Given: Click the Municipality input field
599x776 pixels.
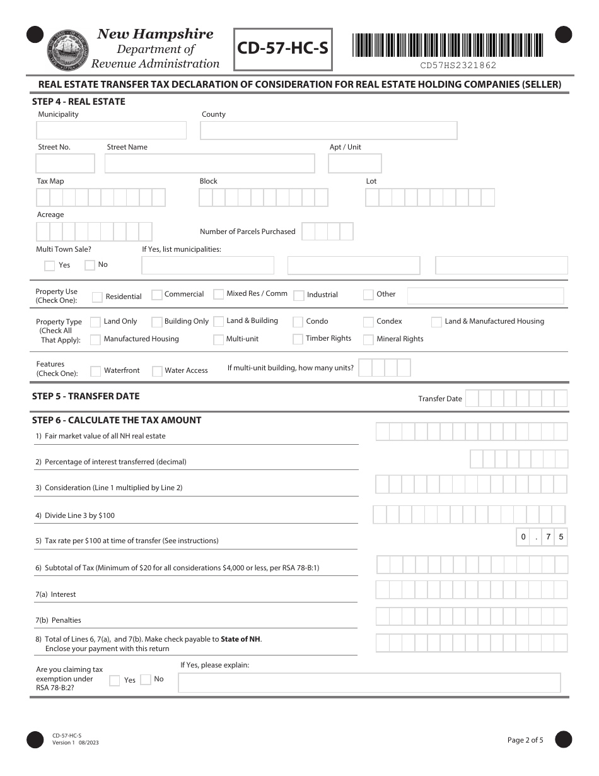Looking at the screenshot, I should click(x=112, y=131).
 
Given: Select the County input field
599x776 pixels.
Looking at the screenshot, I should click(x=329, y=131).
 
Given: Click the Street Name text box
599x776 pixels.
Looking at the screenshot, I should click(x=209, y=163).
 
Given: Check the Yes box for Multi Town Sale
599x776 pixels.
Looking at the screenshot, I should click(x=49, y=266).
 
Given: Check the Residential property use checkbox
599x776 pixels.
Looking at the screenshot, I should click(x=97, y=297).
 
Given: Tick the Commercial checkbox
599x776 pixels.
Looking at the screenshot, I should click(x=157, y=295).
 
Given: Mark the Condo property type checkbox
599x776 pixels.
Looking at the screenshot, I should click(x=298, y=322).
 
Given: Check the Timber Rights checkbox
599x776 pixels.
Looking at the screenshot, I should click(x=298, y=339).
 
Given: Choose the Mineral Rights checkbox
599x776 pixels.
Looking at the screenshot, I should click(x=368, y=339).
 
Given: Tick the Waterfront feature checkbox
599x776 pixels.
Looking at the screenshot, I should click(x=95, y=371).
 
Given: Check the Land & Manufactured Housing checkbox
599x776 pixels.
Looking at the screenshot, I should click(x=436, y=322).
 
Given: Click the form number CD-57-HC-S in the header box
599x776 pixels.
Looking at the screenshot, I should click(x=283, y=49).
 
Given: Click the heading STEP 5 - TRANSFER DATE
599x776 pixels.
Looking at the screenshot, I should click(x=86, y=396).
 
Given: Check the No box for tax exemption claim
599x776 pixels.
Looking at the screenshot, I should click(x=146, y=679).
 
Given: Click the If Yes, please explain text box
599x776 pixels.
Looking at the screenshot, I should click(x=369, y=683).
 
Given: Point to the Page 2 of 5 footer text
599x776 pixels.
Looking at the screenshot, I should click(x=525, y=740).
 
